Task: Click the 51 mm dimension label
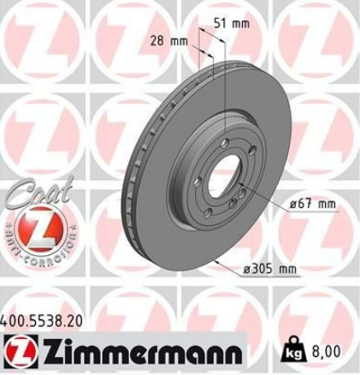tap(232, 24)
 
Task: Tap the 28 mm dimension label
tap(169, 42)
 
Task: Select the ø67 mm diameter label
tap(312, 204)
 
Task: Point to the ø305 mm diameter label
tap(269, 269)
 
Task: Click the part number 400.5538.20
tap(42, 322)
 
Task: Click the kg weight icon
tap(295, 350)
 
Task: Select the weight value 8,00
tap(326, 351)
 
